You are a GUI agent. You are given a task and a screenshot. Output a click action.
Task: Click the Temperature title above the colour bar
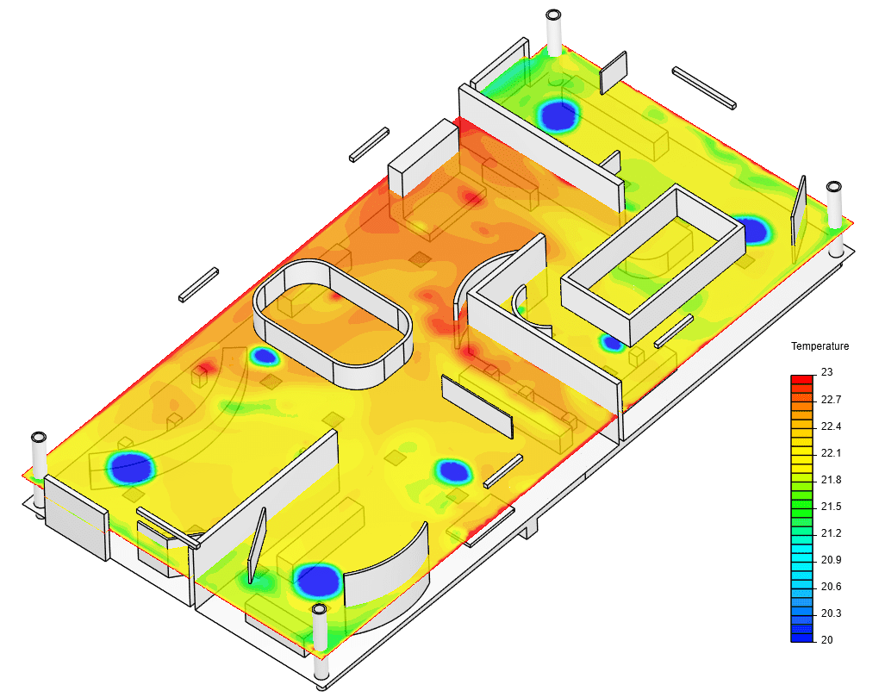(820, 346)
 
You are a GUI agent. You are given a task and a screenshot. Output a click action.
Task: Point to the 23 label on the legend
(827, 372)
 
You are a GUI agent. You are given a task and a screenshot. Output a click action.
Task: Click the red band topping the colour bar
(801, 379)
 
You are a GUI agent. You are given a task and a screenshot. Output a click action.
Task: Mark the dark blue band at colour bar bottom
(801, 636)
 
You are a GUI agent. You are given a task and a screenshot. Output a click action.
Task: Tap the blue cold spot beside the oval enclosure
(265, 355)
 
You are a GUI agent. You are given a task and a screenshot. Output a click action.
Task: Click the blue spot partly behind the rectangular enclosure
(752, 229)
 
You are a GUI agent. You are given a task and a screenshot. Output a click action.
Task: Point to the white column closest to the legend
(834, 207)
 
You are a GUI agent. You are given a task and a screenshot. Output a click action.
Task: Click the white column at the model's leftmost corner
(39, 457)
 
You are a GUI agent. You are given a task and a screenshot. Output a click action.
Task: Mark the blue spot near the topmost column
(558, 115)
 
